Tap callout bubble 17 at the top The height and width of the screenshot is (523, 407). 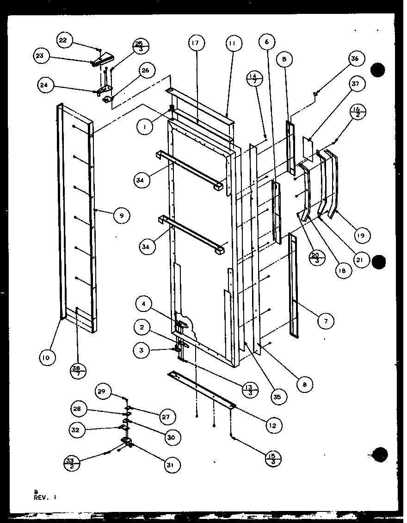click(196, 44)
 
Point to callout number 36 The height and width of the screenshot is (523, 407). click(355, 59)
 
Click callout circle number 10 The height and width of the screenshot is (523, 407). click(48, 357)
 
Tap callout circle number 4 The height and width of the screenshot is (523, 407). click(144, 305)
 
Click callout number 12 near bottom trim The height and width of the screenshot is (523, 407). click(273, 424)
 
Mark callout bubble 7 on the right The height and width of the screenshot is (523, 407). click(327, 320)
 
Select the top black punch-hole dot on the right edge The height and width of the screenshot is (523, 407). click(377, 70)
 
